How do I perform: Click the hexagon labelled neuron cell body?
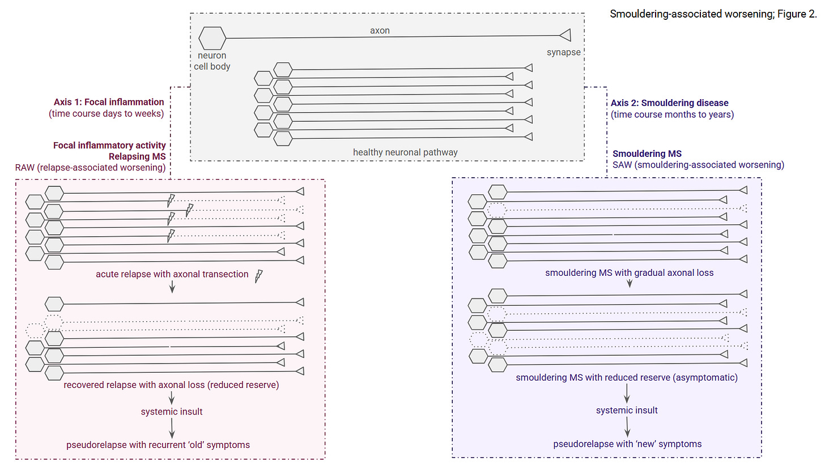coord(212,39)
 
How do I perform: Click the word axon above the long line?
coord(380,31)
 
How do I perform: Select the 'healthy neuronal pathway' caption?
coord(405,152)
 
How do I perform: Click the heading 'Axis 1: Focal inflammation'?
coord(109,102)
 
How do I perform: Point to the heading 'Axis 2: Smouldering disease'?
coord(670,103)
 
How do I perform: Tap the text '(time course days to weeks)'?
coord(107,113)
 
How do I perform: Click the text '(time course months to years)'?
coord(672,114)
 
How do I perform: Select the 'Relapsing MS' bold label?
coord(137,156)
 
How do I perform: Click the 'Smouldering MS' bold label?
coord(647,153)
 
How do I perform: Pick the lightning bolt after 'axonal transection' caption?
coord(259,276)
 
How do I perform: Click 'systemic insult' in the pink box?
coord(172,412)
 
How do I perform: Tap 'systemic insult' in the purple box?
coord(627,410)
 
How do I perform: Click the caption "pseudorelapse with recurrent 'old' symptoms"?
coord(158,445)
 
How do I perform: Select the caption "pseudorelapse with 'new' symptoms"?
coord(627,444)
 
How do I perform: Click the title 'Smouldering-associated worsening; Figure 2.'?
coord(713,14)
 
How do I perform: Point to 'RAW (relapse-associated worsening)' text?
coord(90,168)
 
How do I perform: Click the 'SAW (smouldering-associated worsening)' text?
coord(698,165)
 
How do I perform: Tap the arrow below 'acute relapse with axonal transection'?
coord(172,287)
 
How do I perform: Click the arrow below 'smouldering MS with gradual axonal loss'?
coord(630,283)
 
